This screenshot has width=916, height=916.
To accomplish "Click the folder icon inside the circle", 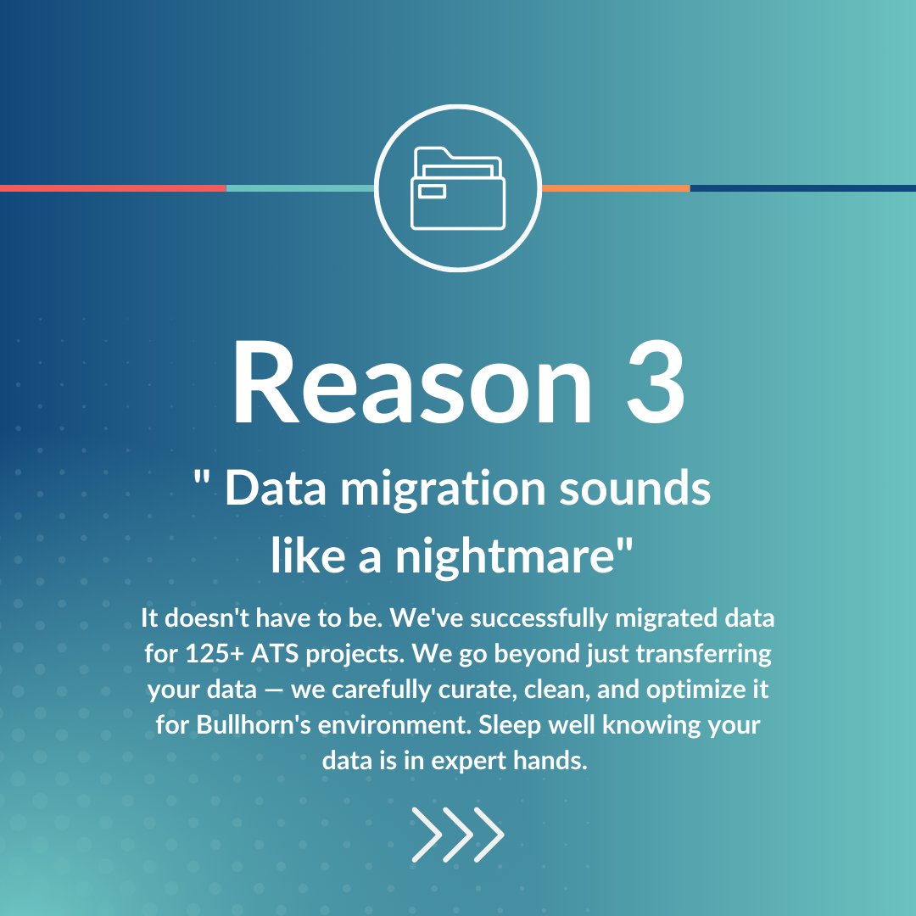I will [457, 188].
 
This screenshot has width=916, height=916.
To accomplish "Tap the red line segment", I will [113, 188].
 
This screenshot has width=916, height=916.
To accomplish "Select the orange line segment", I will [615, 188].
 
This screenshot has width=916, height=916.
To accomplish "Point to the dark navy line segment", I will [802, 188].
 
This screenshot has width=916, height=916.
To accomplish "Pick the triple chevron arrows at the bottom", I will [458, 835].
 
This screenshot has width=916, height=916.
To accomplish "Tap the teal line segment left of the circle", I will [300, 188].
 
